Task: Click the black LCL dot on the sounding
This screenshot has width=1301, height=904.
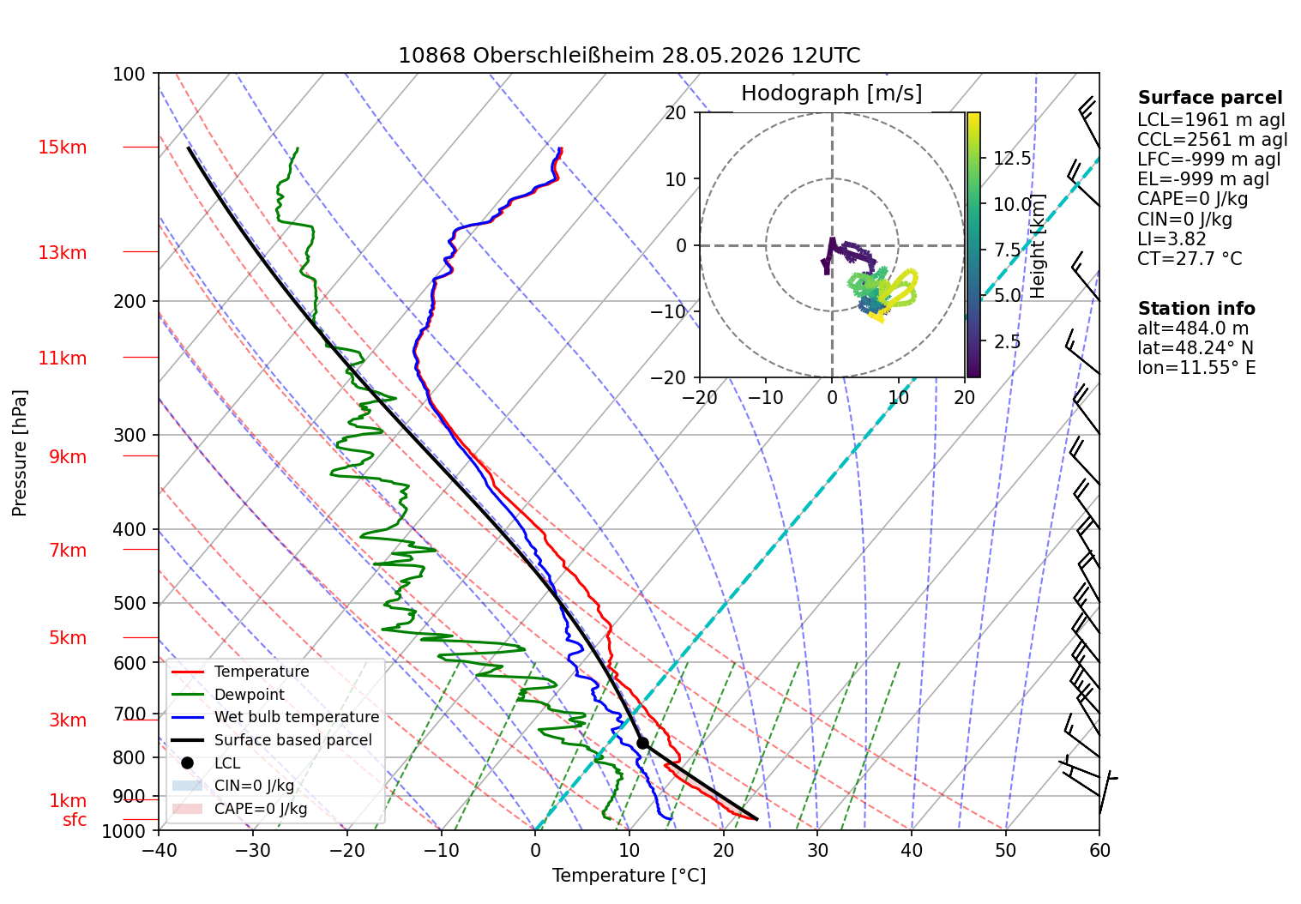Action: (641, 743)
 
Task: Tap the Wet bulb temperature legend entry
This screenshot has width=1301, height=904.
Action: (275, 717)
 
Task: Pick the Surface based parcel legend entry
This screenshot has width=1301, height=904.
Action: (272, 740)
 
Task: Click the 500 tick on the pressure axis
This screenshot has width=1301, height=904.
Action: (129, 603)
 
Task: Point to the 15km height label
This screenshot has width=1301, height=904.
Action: (62, 148)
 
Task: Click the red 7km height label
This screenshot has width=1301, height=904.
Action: (68, 550)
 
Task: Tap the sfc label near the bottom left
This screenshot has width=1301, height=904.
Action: (75, 820)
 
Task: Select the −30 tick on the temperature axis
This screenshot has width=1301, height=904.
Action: (253, 851)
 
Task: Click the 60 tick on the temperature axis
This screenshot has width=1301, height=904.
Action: (1099, 851)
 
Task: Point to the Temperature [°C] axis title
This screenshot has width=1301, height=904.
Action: (629, 875)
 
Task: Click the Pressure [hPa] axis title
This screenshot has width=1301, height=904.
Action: (19, 453)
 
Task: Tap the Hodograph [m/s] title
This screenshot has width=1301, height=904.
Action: (832, 93)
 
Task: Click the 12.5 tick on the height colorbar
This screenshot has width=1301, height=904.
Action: (1012, 158)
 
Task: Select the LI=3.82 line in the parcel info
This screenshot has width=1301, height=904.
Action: (1172, 238)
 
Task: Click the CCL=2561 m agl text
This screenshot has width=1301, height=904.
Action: (1212, 140)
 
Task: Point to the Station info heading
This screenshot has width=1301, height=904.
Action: (1196, 308)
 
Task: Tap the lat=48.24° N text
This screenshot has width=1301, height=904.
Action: (1196, 347)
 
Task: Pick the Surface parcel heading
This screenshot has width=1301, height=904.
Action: (1210, 97)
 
